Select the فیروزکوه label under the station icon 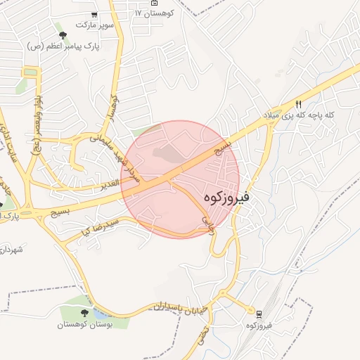(x=259, y=326)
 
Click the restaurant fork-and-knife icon (x=298, y=103)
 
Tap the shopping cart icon (x=94, y=15)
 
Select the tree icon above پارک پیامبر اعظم (x=63, y=34)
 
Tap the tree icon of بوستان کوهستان (x=85, y=313)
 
